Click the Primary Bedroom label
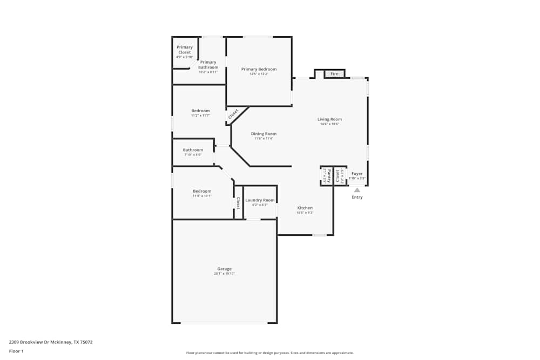point(259,69)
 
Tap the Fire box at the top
point(334,73)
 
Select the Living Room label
point(329,119)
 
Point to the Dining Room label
point(264,134)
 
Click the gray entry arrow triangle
point(357,189)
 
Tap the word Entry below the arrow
point(357,197)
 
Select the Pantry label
point(327,175)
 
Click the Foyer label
point(357,174)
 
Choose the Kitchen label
point(305,208)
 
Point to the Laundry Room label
point(260,200)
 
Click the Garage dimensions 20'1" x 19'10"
point(224,274)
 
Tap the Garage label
point(224,269)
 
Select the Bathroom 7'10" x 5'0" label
point(193,150)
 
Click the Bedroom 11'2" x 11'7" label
point(200,111)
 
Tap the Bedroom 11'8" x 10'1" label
point(202,191)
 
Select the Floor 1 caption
point(16,351)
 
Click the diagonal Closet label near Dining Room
point(233,114)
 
